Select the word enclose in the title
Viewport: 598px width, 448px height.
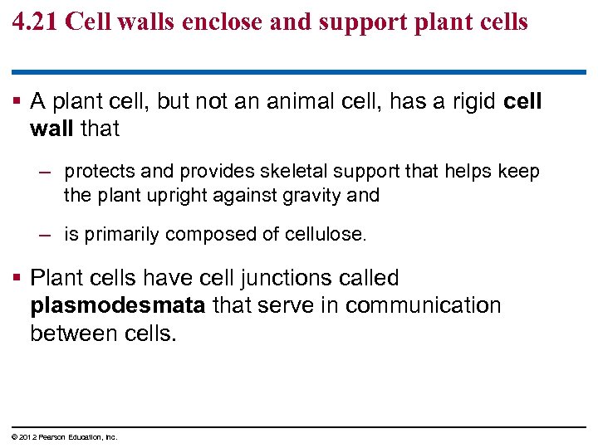coord(213,22)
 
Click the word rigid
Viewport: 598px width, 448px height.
coord(469,102)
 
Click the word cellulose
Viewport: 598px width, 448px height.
coord(324,235)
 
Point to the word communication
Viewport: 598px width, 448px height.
coord(423,305)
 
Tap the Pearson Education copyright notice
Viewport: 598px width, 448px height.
coord(66,437)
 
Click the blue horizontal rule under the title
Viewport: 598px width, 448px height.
coord(299,72)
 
